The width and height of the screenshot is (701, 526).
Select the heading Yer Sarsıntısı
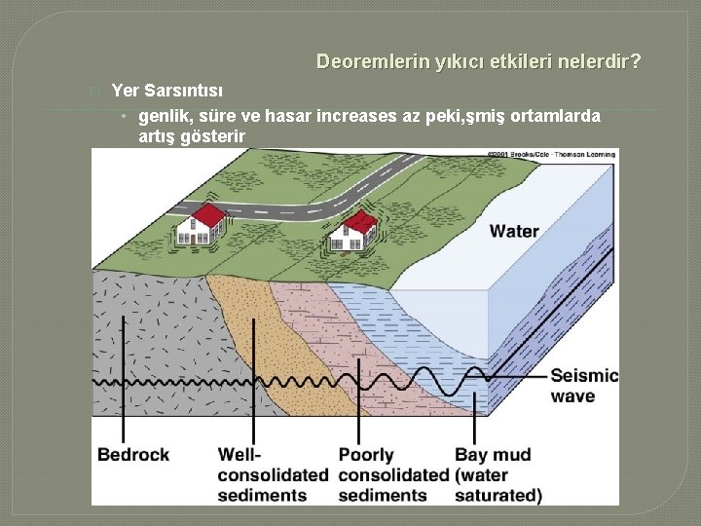(167, 92)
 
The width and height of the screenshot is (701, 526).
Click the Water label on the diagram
(514, 231)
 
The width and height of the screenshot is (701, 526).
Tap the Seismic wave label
(583, 386)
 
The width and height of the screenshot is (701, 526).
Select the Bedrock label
(133, 455)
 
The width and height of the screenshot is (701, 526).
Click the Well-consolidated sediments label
(273, 474)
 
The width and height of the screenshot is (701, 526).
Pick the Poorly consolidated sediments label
(393, 474)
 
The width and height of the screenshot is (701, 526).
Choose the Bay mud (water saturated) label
(498, 474)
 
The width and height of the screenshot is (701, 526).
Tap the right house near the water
(353, 230)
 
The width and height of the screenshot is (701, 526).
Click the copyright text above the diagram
(550, 155)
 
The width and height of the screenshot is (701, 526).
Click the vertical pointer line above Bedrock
(125, 380)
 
